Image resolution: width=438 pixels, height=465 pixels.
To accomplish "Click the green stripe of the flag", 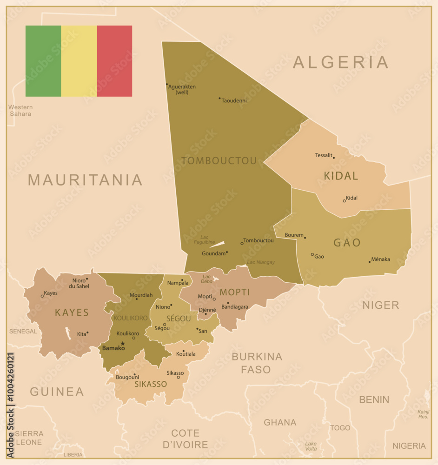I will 43,61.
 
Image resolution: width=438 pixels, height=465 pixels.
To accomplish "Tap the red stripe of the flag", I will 114,61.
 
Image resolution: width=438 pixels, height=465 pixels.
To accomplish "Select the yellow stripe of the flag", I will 79,61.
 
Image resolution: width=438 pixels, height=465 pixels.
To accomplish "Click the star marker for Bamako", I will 123,344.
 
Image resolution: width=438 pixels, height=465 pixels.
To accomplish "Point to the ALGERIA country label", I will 340,62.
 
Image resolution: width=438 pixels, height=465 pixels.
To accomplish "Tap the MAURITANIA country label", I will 85,180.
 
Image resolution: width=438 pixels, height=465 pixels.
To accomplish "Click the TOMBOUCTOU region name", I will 219,161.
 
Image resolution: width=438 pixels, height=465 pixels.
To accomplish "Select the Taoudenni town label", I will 234,100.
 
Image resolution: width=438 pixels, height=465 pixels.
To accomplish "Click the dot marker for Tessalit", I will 333,158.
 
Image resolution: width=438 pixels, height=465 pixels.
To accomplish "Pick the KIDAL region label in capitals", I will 341,176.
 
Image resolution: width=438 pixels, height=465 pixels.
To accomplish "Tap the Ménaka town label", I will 381,259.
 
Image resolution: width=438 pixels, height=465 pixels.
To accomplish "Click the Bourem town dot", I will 305,238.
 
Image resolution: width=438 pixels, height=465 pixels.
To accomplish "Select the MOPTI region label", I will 235,292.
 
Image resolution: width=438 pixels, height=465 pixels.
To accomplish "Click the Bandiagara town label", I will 235,307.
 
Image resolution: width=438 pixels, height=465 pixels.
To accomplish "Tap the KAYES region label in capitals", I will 72,312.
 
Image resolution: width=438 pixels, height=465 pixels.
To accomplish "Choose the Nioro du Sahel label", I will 79,283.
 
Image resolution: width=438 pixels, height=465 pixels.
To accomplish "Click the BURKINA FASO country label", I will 257,363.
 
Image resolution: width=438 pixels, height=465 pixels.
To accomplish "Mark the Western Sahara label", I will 20,110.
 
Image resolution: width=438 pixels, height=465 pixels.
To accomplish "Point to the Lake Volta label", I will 311,446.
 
